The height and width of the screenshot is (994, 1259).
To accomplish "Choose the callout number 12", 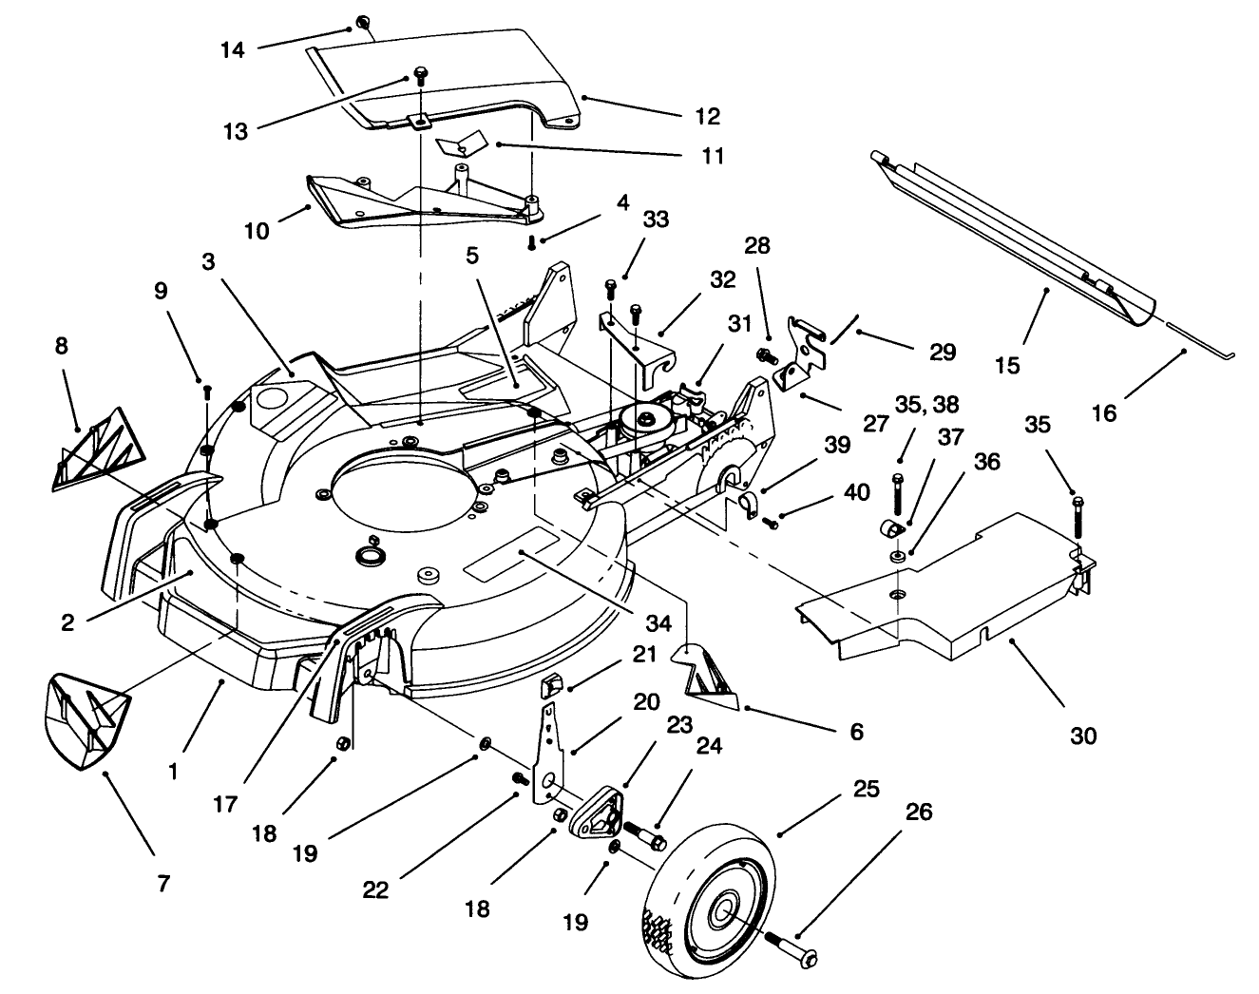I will click(707, 116).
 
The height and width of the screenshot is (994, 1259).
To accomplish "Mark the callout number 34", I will click(658, 623).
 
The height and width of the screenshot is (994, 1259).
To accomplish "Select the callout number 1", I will click(172, 773).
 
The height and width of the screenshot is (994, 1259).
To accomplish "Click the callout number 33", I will click(656, 220).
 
